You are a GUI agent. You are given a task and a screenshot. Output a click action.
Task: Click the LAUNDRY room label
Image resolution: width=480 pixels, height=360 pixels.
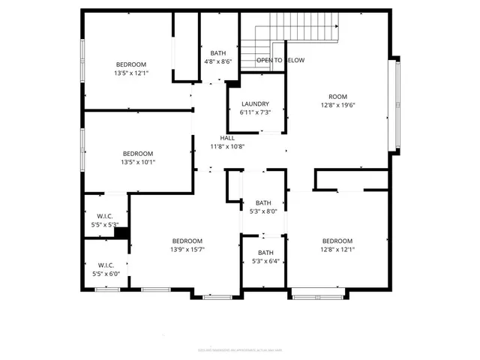click(255, 104)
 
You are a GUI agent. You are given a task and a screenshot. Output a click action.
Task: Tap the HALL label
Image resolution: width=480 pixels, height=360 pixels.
click(227, 138)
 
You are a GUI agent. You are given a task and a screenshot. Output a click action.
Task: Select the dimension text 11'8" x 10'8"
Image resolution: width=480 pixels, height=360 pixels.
click(227, 147)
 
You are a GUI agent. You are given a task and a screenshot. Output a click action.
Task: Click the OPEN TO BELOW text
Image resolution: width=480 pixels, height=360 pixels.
click(280, 60)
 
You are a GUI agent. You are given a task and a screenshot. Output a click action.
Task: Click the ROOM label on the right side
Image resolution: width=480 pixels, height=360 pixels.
click(337, 97)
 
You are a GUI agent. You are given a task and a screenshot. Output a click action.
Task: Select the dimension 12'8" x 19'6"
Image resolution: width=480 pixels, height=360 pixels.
click(337, 106)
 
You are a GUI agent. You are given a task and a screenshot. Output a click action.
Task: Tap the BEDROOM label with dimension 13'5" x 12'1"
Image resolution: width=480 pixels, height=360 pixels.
click(131, 64)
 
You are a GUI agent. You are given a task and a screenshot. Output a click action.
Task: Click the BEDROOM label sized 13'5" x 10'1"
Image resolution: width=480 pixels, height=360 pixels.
click(138, 153)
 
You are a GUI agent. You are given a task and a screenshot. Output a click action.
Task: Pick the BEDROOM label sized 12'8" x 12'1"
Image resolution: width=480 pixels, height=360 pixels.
click(337, 241)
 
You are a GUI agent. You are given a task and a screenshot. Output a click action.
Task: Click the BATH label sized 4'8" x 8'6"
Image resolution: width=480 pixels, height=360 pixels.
click(217, 52)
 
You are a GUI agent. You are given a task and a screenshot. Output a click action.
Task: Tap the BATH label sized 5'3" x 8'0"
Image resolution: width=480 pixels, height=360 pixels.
click(263, 203)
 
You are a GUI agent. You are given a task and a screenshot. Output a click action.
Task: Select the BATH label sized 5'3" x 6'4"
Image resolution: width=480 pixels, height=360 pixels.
click(265, 253)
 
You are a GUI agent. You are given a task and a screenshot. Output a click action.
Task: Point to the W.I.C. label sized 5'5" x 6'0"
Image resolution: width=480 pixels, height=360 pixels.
click(105, 265)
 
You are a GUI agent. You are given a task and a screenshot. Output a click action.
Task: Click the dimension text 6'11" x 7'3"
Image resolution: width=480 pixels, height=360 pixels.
click(255, 112)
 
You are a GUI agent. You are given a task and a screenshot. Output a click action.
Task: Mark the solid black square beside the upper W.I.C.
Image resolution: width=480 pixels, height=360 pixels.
click(120, 233)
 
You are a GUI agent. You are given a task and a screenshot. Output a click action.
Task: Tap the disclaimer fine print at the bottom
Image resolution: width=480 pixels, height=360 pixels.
click(240, 349)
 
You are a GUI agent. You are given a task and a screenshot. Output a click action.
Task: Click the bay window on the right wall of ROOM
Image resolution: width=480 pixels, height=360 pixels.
click(395, 112)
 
